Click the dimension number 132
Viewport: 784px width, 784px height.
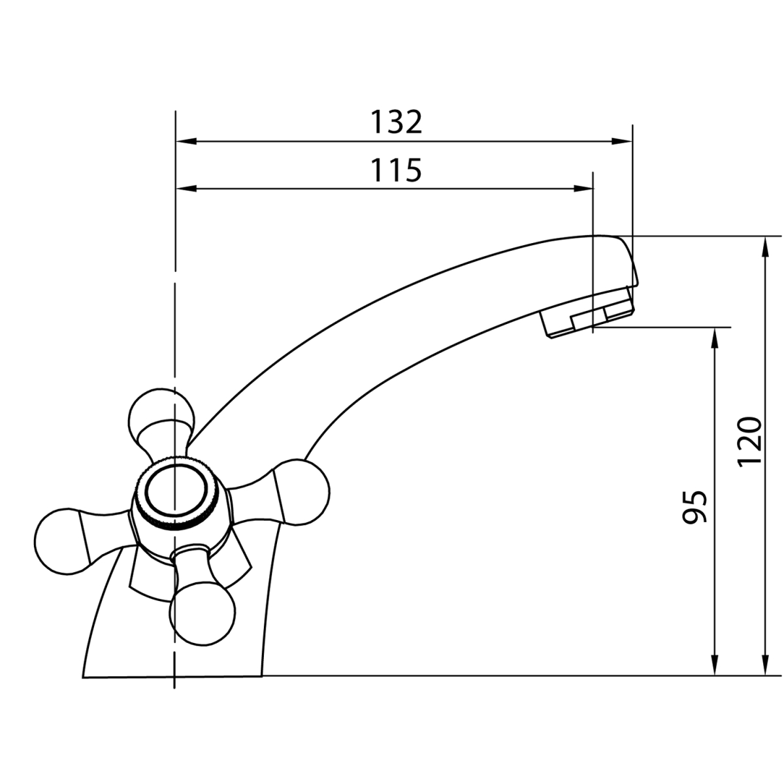[x=397, y=122]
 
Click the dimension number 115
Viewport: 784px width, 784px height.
[x=397, y=170]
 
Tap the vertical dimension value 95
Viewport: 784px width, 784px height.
[x=695, y=506]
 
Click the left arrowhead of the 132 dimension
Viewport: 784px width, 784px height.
[x=186, y=142]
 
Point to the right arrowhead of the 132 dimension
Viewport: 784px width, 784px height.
[x=622, y=142]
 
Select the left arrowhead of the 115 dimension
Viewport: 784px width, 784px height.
[x=186, y=189]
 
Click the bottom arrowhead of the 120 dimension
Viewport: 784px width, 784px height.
[x=766, y=665]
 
